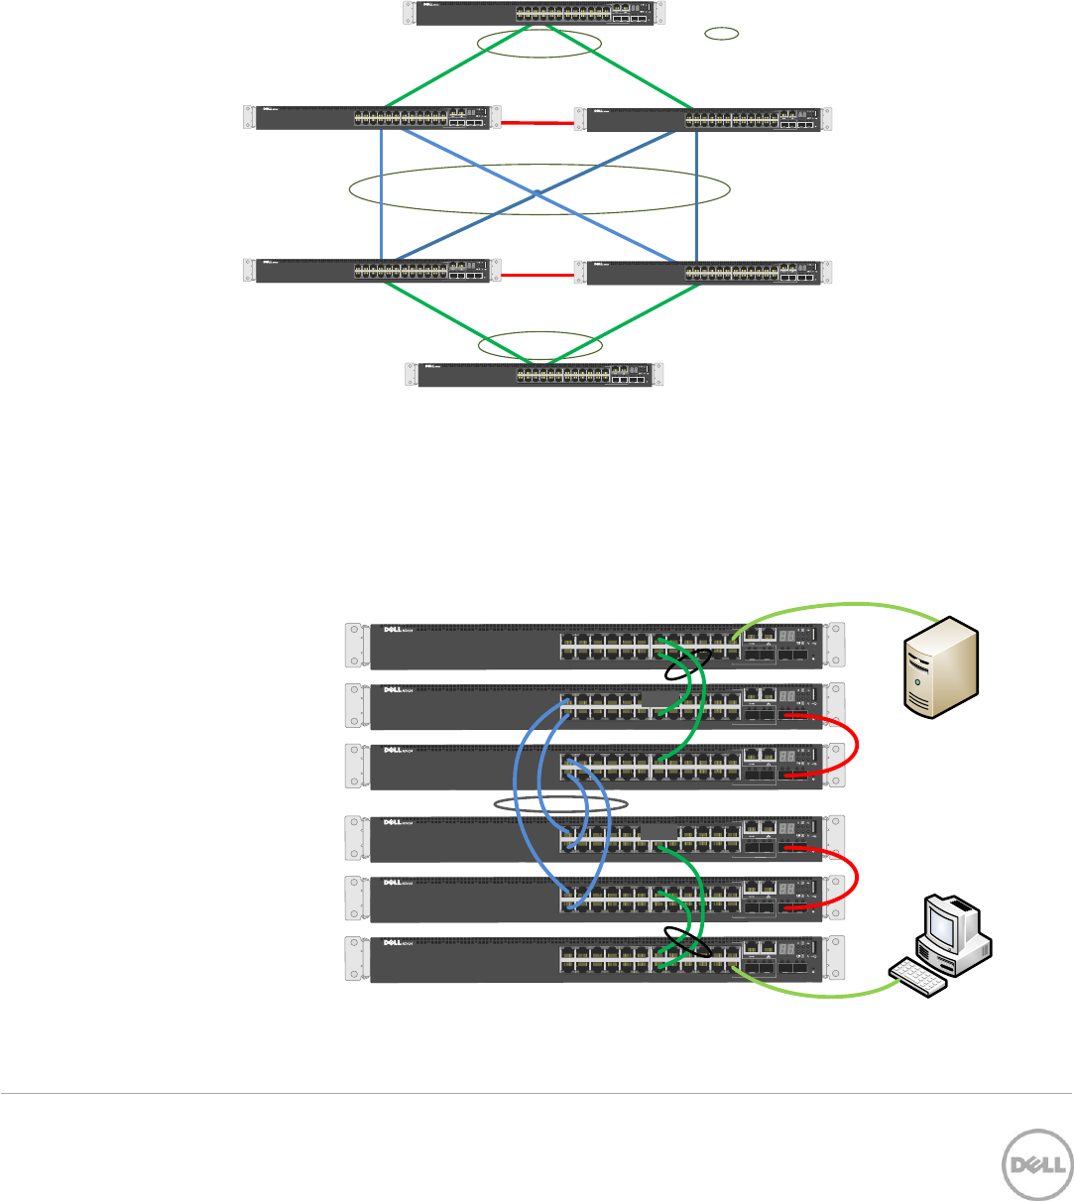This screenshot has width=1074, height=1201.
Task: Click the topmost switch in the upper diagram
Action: click(536, 13)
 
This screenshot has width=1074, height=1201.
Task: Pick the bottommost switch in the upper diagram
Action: click(536, 375)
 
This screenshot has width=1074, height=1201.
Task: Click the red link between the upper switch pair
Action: click(537, 124)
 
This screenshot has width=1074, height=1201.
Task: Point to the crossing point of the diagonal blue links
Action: click(537, 192)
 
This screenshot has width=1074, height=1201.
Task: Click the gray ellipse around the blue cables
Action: click(561, 802)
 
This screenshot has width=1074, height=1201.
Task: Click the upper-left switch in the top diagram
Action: click(367, 117)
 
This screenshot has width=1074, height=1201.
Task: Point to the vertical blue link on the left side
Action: click(381, 193)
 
